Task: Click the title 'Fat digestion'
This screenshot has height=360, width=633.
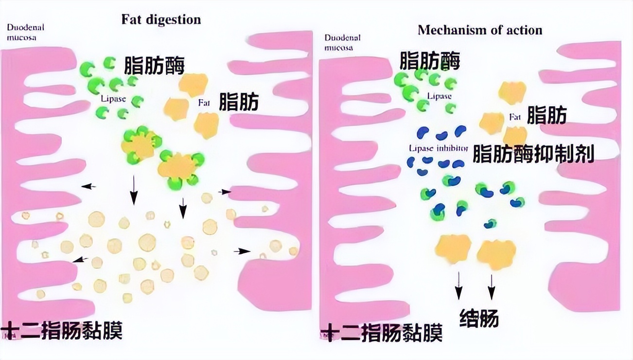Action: (161, 20)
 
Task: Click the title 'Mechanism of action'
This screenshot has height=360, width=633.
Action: (480, 30)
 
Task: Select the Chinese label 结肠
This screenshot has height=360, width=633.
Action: (479, 318)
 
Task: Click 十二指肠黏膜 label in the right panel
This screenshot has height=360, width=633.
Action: (382, 333)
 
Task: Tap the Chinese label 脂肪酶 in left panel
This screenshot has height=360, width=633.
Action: (155, 65)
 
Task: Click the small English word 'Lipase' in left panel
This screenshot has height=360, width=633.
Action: (113, 99)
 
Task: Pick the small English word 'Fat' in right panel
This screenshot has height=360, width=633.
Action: (514, 117)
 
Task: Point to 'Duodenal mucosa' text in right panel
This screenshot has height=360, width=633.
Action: (342, 42)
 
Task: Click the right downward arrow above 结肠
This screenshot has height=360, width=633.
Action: (492, 287)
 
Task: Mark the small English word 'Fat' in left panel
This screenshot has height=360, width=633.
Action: (203, 103)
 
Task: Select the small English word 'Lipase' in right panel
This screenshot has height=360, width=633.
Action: (440, 96)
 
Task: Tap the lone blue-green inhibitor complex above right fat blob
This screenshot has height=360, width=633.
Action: (491, 224)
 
